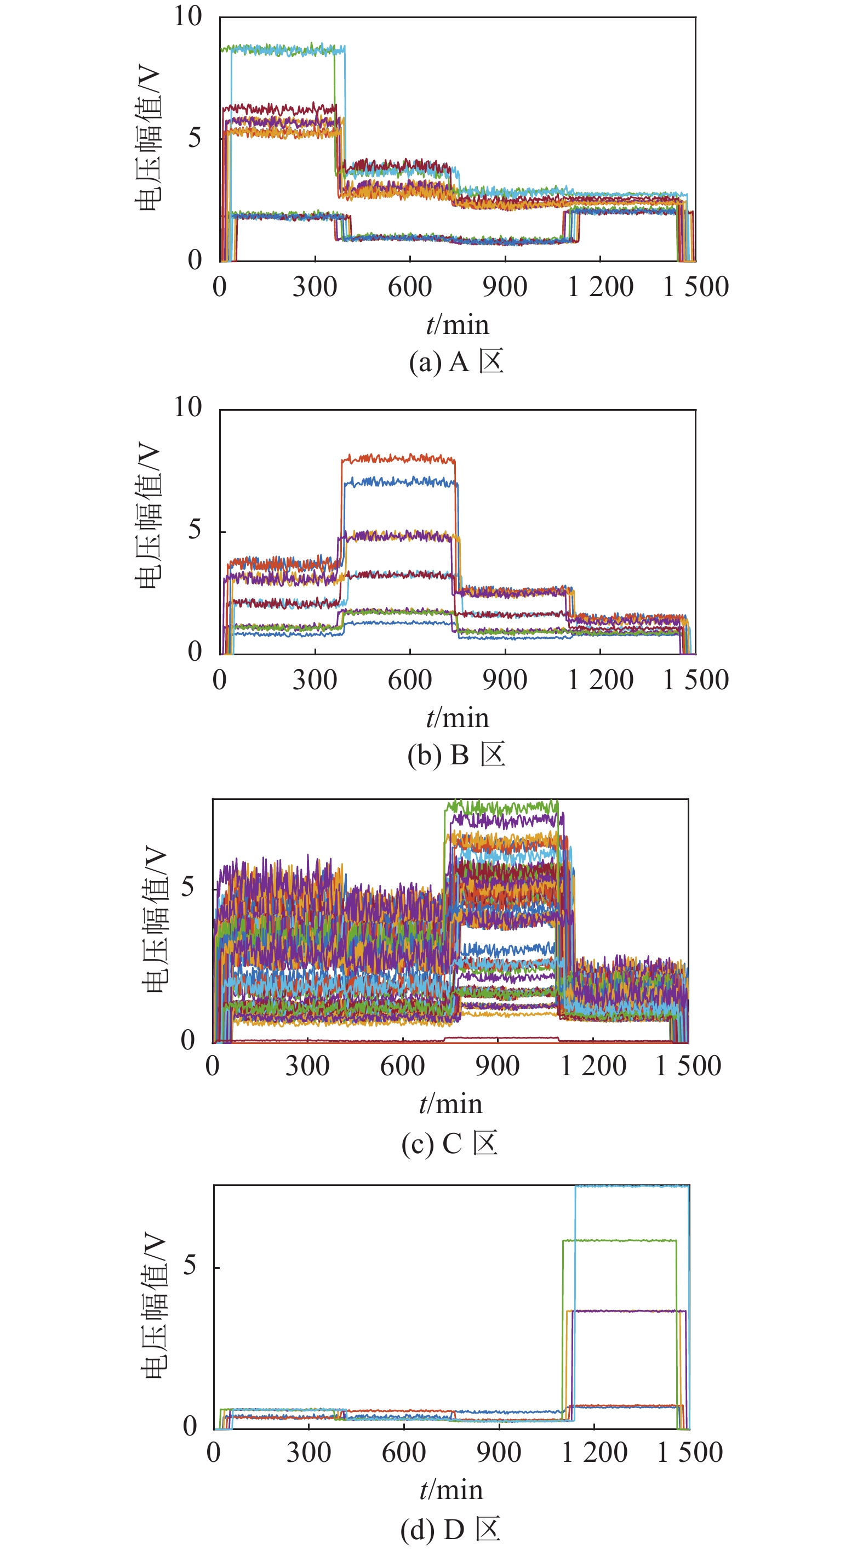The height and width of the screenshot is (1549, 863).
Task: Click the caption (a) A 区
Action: pyautogui.click(x=456, y=362)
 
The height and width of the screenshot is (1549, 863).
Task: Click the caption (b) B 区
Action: pyautogui.click(x=456, y=754)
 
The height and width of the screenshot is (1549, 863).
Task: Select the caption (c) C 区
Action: pyautogui.click(x=449, y=1143)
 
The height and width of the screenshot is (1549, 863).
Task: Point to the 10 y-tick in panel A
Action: pyautogui.click(x=187, y=16)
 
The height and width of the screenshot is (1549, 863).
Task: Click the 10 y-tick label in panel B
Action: pyautogui.click(x=187, y=408)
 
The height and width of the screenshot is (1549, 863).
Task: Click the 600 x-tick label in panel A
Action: pyautogui.click(x=409, y=287)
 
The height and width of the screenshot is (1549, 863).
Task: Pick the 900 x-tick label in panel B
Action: pyautogui.click(x=504, y=679)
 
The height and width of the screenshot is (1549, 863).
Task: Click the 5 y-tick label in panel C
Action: pyautogui.click(x=187, y=888)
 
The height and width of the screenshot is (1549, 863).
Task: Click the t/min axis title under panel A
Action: pyautogui.click(x=458, y=325)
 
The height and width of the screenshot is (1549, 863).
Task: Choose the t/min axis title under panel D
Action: pyautogui.click(x=451, y=1491)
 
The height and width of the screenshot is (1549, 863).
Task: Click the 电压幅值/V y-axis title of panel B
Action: pyautogui.click(x=148, y=516)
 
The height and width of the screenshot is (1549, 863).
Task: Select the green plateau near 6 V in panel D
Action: pyautogui.click(x=619, y=1240)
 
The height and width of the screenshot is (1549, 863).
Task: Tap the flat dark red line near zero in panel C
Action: pyautogui.click(x=361, y=1041)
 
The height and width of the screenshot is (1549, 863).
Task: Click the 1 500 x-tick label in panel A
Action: pyautogui.click(x=695, y=287)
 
